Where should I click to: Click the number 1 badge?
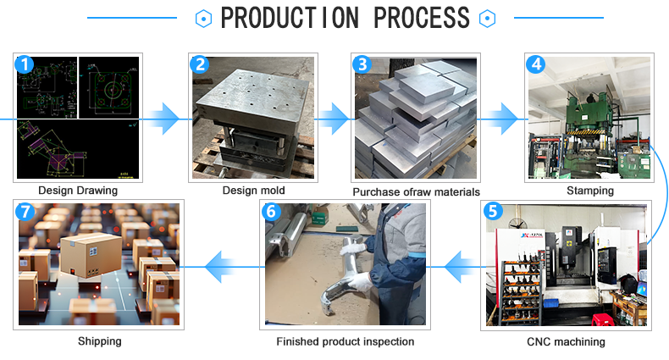point(25,64)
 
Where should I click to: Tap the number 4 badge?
point(535,64)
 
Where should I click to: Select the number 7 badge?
point(25,211)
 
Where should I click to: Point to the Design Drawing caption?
point(78,191)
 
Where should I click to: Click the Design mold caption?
point(254,191)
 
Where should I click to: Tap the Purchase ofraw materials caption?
point(416,191)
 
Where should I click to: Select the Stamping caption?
point(589,191)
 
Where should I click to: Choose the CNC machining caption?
point(567,341)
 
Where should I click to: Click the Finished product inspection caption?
point(346,341)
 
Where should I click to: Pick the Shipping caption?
point(100,341)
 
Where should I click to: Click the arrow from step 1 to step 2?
point(166,120)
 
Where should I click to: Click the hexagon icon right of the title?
point(486,18)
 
